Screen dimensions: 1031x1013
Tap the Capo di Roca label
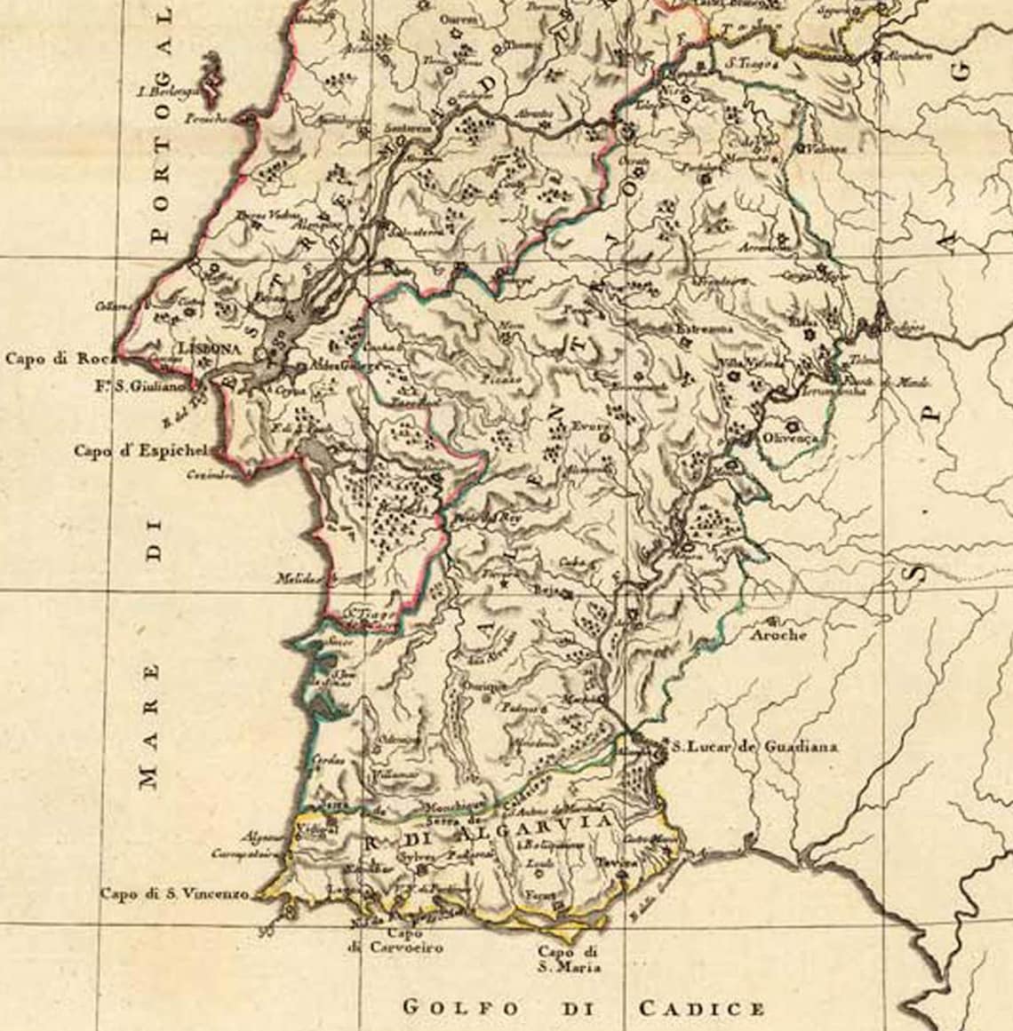point(56,359)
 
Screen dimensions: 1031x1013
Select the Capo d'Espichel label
point(140,451)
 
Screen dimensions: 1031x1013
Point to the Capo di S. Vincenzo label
point(175,894)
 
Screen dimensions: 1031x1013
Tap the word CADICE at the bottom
point(701,1008)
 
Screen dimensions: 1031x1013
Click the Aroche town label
point(778,635)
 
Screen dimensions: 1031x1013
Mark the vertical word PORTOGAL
point(159,124)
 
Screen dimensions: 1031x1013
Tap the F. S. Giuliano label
point(146,386)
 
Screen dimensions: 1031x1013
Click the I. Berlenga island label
point(164,91)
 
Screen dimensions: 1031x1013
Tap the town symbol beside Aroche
point(770,622)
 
